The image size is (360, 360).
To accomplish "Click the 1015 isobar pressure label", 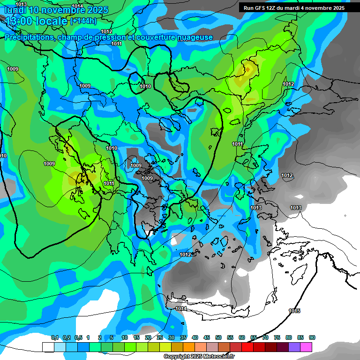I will tap(294, 311).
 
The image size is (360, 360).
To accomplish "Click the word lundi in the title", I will tap(15, 10).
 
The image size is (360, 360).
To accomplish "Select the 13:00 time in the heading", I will tap(19, 21).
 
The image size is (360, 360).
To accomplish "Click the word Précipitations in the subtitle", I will tap(29, 37).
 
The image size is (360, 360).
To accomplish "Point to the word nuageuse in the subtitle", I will tap(194, 37).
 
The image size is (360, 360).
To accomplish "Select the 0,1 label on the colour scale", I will tap(55, 337).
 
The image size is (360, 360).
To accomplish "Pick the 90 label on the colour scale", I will tap(312, 337).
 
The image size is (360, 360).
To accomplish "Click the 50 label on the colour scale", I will tap(218, 337).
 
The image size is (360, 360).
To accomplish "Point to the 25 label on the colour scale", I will tap(160, 337).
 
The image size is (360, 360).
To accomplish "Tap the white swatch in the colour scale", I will tap(48, 347).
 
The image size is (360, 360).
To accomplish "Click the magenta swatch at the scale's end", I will tap(306, 347).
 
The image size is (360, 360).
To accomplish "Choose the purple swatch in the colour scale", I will tap(294, 347).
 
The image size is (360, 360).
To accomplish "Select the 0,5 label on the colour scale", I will tap(78, 337).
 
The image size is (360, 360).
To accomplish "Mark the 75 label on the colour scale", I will tap(277, 337).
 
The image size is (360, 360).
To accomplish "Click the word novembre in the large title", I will tap(64, 10).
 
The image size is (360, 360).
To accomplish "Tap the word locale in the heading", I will tap(51, 21).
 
